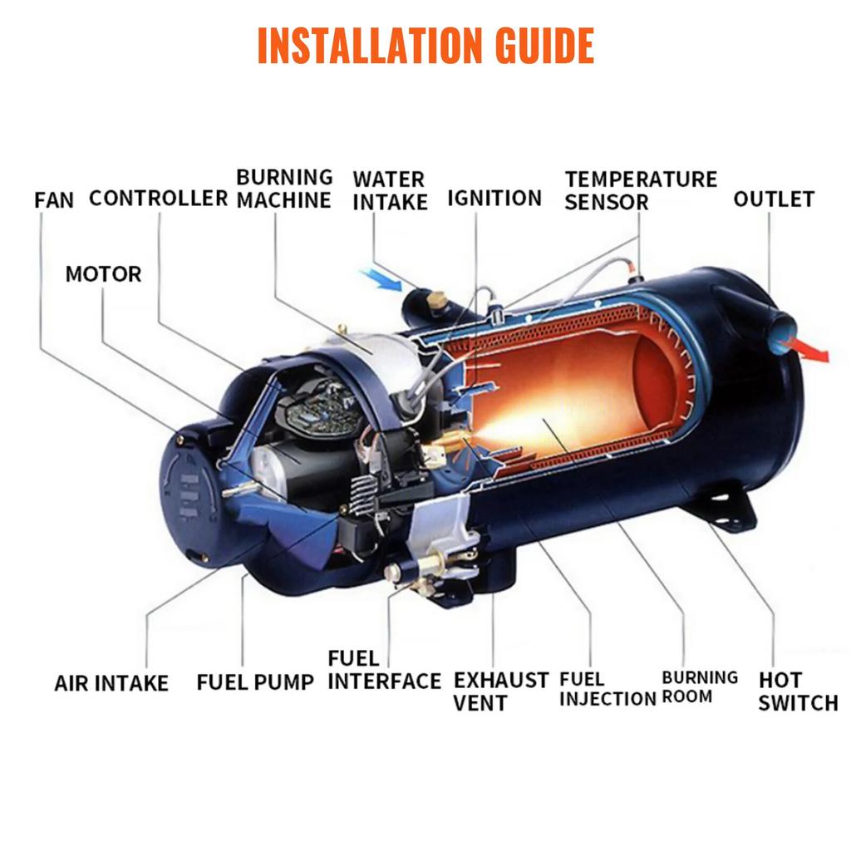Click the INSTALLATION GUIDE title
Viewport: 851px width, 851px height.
tap(425, 46)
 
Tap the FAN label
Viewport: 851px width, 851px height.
tap(54, 200)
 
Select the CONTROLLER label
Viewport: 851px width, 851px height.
tap(158, 198)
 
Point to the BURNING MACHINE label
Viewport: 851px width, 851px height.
tap(283, 189)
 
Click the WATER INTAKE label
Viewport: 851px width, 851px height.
tap(390, 190)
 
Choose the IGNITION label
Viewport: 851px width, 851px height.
tap(494, 198)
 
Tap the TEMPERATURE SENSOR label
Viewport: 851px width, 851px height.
tap(640, 190)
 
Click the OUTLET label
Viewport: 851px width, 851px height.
tap(773, 199)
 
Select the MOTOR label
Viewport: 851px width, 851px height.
tap(103, 274)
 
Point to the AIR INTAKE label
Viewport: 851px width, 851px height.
tap(111, 683)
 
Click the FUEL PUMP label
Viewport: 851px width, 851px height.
tap(255, 683)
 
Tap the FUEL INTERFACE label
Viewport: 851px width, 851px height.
tap(384, 671)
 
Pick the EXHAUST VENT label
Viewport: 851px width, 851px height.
tap(500, 691)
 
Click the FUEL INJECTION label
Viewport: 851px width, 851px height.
tap(607, 690)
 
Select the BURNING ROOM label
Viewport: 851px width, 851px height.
tap(699, 687)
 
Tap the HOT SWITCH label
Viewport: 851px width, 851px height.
tap(797, 692)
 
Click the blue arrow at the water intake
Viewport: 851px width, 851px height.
tap(381, 280)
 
